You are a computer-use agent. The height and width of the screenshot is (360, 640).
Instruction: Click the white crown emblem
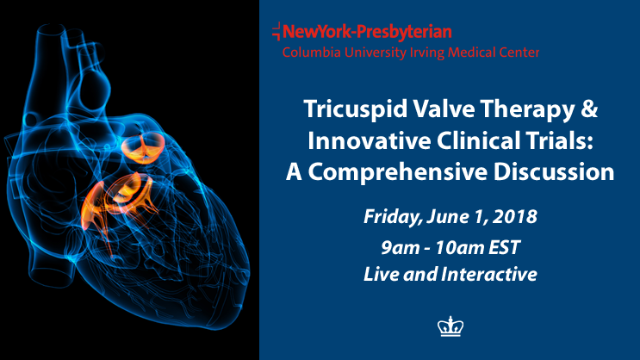point(450,326)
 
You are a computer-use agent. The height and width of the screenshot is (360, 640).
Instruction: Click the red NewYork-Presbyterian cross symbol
point(277,31)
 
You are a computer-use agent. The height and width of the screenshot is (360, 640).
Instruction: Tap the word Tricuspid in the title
point(356,109)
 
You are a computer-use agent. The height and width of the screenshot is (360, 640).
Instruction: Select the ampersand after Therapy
point(589,109)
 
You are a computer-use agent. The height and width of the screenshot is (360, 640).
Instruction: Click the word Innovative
point(369,140)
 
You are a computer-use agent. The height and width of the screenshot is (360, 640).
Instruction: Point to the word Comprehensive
point(398,172)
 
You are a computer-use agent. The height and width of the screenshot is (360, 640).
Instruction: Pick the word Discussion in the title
point(554,172)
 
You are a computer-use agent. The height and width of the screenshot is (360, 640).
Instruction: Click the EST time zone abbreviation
point(505,247)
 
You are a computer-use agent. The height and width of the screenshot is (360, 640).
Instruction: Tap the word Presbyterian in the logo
point(404,32)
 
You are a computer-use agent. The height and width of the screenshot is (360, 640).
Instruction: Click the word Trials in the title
point(565,140)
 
